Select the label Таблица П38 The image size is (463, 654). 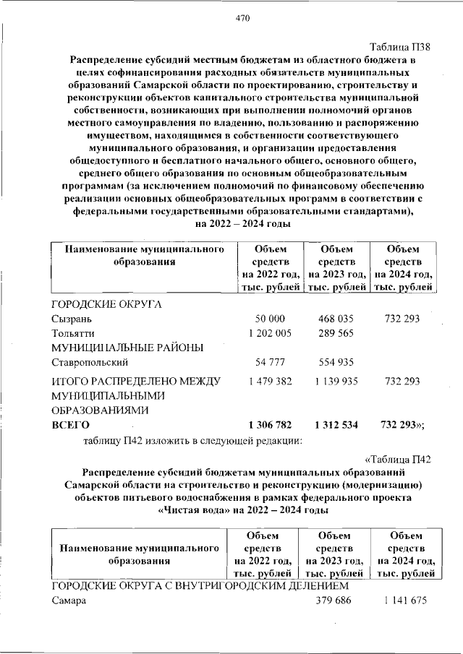click(406, 47)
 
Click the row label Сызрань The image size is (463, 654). click(72, 319)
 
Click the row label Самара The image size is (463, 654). click(68, 601)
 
